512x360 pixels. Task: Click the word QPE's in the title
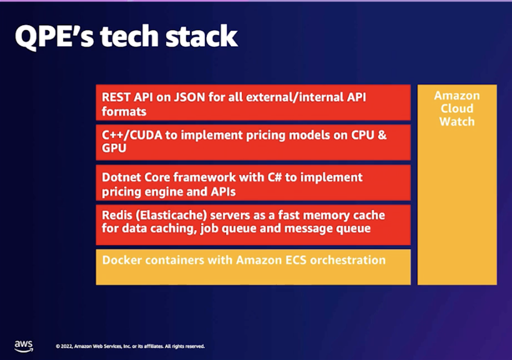tap(54, 36)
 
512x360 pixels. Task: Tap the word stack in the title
tap(201, 36)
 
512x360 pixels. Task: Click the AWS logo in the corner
tap(24, 346)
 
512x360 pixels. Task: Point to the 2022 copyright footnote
tap(130, 346)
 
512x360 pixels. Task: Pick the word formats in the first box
tap(124, 112)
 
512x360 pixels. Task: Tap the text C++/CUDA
tap(132, 135)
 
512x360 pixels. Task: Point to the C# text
tap(274, 177)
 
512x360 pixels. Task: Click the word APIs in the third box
tap(223, 192)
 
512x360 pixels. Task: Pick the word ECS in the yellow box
tap(296, 260)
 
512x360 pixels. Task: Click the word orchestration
tap(348, 260)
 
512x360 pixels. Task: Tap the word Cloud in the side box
tap(457, 108)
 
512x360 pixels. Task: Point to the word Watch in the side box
tap(457, 121)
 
